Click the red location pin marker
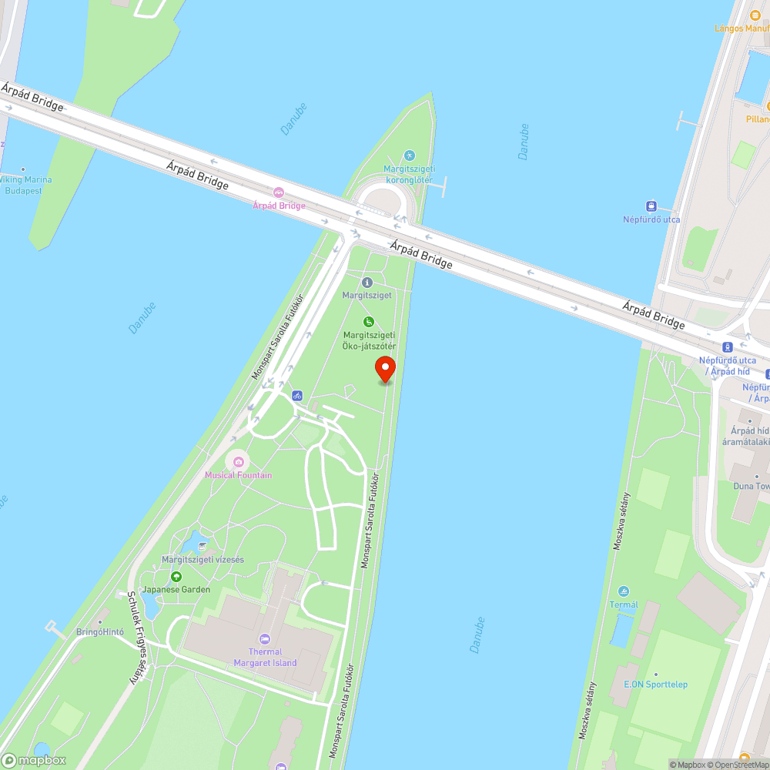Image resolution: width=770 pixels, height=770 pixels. (384, 370)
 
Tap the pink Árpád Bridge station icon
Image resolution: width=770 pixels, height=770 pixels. (279, 192)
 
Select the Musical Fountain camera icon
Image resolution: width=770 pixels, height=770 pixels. (238, 461)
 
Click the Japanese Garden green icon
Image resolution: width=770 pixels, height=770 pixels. (176, 576)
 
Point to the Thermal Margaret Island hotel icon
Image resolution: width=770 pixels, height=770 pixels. (265, 638)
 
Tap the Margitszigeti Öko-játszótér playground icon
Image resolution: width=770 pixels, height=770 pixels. (369, 322)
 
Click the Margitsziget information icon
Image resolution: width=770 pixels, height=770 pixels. (367, 283)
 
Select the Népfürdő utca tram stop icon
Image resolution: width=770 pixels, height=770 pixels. (651, 206)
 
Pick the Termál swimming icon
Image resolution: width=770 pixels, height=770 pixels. (624, 591)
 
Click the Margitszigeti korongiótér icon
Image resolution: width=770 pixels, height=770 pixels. (409, 156)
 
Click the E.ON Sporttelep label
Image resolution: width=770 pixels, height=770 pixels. (655, 685)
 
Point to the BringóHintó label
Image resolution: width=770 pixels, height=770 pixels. (99, 631)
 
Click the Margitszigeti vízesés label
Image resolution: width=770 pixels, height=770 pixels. (203, 560)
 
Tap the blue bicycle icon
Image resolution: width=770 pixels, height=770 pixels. (297, 396)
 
